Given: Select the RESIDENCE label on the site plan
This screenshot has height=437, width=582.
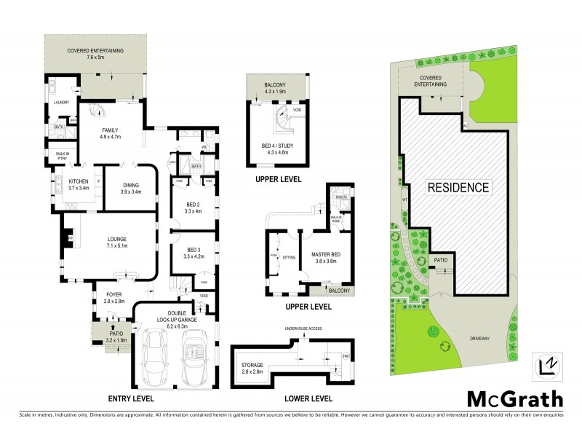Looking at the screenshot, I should (458, 187).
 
